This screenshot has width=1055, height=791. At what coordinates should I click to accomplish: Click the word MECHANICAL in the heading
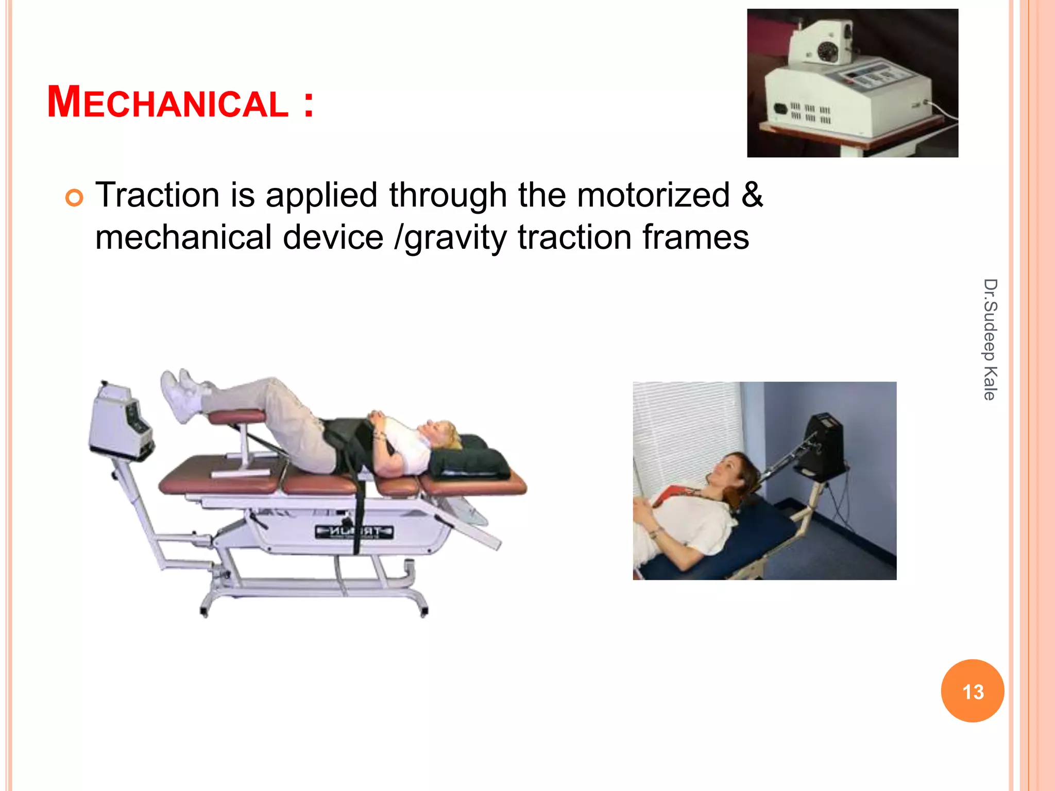[167, 102]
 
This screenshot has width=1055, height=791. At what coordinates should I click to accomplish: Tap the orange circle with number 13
[972, 691]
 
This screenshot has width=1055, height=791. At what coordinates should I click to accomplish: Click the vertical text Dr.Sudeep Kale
[990, 339]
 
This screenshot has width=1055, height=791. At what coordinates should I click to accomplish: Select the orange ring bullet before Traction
[74, 198]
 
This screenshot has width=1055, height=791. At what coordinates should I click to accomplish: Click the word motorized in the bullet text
[653, 195]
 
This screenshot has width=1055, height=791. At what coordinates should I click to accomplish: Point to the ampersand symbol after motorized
[752, 194]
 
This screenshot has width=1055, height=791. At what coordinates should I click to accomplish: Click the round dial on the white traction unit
[830, 51]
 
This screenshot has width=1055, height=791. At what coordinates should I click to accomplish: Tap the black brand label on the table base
[354, 531]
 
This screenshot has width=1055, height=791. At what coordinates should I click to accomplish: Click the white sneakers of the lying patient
[180, 393]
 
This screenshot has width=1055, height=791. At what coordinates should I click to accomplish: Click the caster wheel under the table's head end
[424, 612]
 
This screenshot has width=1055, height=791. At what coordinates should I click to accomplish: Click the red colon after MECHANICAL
[308, 104]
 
